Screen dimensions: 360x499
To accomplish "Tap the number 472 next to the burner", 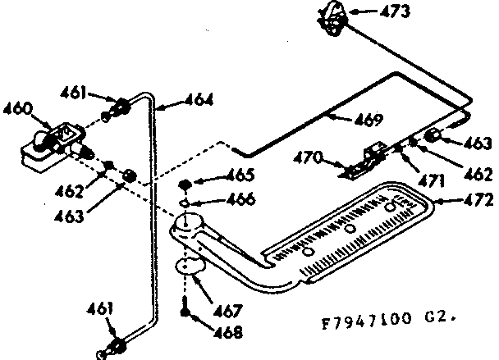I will (x=478, y=198).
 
